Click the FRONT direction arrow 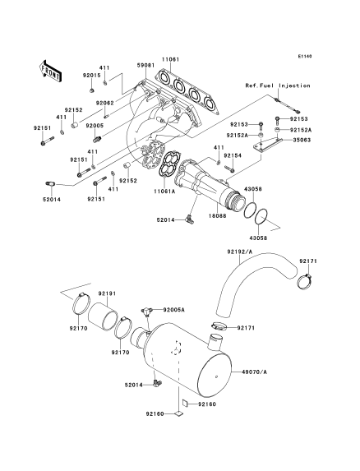tap(50, 71)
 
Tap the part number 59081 tap(145, 65)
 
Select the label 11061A tap(165, 191)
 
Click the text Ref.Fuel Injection tap(278, 85)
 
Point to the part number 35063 tap(302, 140)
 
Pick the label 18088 tap(219, 215)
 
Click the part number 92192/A tap(239, 252)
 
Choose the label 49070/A tap(254, 372)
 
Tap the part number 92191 tap(108, 293)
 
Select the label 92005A tap(174, 310)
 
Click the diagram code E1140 tap(305, 56)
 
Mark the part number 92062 tap(104, 103)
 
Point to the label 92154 tap(233, 155)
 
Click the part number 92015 tap(92, 76)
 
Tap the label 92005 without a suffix tap(95, 126)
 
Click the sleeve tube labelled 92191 tap(103, 316)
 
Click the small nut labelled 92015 tap(92, 90)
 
